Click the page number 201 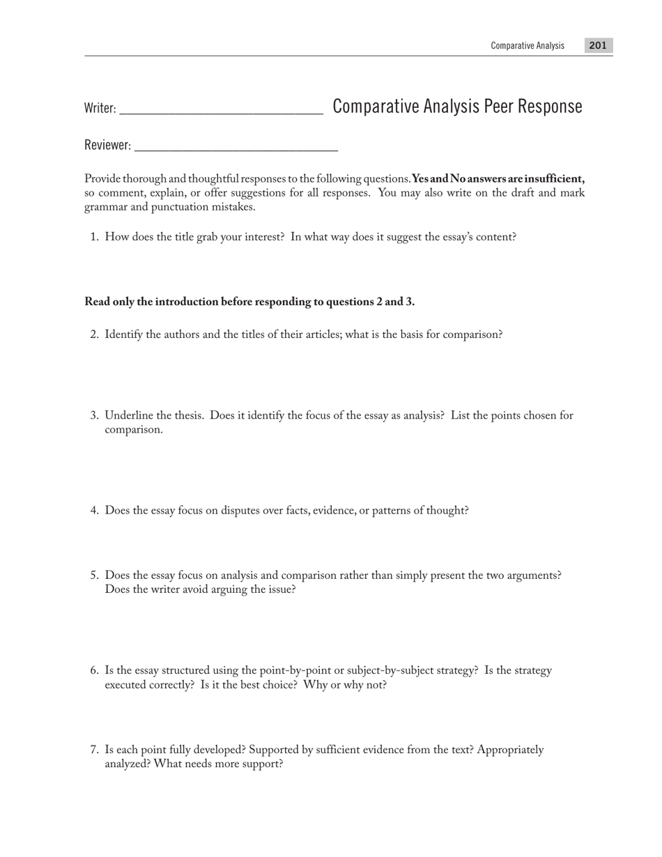598,45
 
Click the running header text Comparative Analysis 528,45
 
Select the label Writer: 100,108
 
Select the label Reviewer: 107,145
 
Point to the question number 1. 94,237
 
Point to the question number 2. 94,334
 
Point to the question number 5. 94,576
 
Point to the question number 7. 94,750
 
